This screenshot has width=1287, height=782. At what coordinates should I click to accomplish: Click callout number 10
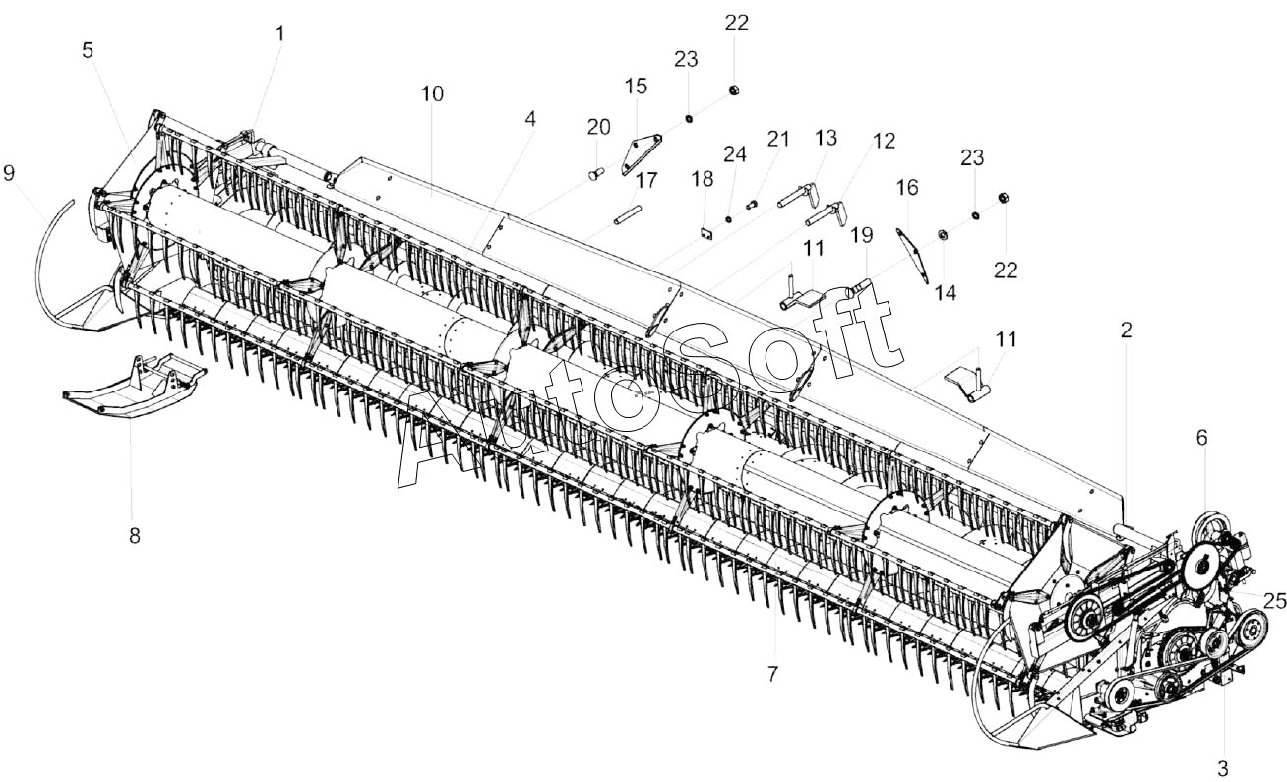pyautogui.click(x=432, y=93)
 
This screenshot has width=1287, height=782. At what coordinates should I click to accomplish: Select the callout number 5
pyautogui.click(x=88, y=50)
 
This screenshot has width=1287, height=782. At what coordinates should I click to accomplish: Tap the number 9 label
pyautogui.click(x=9, y=173)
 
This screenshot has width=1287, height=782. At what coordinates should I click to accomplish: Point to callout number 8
pyautogui.click(x=135, y=536)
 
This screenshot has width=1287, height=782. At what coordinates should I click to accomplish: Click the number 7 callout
pyautogui.click(x=772, y=674)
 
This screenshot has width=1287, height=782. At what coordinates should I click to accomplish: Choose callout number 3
pyautogui.click(x=1223, y=768)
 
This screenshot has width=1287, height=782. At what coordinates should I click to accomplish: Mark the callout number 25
pyautogui.click(x=1275, y=601)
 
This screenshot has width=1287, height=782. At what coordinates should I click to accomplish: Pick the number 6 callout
pyautogui.click(x=1202, y=438)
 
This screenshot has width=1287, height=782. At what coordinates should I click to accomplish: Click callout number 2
pyautogui.click(x=1126, y=330)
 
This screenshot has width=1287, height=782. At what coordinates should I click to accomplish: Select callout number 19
pyautogui.click(x=862, y=235)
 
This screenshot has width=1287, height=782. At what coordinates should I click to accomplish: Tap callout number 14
pyautogui.click(x=946, y=293)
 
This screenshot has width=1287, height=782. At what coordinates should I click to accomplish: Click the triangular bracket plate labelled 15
pyautogui.click(x=641, y=154)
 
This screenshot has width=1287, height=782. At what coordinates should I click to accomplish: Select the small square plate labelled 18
pyautogui.click(x=706, y=234)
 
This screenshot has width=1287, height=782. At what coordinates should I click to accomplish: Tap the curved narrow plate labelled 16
pyautogui.click(x=912, y=255)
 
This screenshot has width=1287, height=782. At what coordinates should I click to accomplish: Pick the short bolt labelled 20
pyautogui.click(x=596, y=172)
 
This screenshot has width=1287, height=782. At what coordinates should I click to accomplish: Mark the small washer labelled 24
pyautogui.click(x=728, y=219)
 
